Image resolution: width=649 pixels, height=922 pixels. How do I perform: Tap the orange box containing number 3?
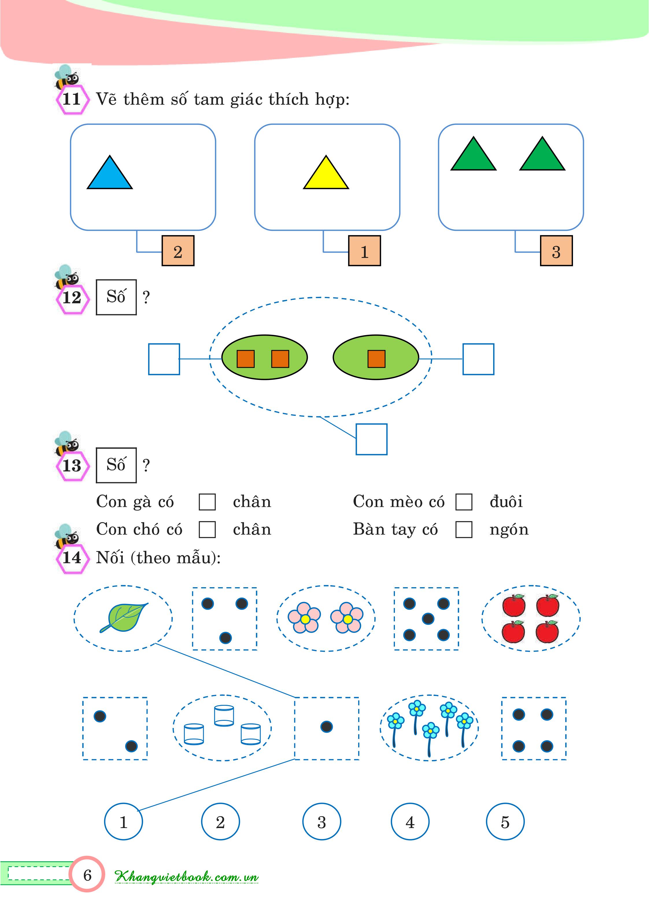point(556,251)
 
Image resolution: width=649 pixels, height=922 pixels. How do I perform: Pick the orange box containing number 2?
point(178,251)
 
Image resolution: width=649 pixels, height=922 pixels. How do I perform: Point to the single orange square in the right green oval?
point(376,359)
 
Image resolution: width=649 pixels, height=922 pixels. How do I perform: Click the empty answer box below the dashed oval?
point(371,439)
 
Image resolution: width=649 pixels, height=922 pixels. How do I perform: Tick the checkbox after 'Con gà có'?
point(207,502)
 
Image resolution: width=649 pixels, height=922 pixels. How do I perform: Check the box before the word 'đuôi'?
point(464,502)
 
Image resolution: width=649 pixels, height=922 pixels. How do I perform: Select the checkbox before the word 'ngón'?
point(464,529)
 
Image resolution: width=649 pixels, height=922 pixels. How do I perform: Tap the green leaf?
point(124,617)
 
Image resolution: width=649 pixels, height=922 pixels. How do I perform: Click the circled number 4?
point(410,822)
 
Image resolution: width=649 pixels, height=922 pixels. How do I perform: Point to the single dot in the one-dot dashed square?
point(326,727)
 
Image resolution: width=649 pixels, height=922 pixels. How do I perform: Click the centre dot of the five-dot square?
point(428,619)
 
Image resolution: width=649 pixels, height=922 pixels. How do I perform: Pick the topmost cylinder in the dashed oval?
point(224,716)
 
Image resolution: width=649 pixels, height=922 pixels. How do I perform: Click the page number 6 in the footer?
point(87,875)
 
